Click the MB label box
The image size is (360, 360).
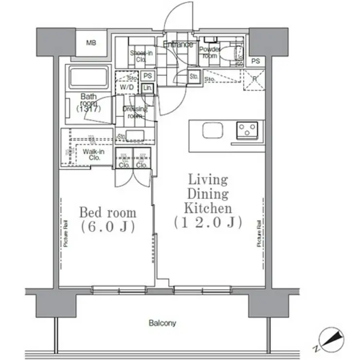click(91, 43)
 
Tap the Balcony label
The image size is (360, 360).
click(162, 323)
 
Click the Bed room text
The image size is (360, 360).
click(108, 213)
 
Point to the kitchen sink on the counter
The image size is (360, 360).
click(213, 131)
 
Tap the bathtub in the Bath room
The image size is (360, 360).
click(88, 77)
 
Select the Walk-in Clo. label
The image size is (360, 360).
click(91, 155)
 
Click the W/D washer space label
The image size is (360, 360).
click(126, 88)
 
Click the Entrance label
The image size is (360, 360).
click(178, 45)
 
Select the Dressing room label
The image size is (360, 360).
click(134, 112)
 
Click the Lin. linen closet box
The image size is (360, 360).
click(147, 88)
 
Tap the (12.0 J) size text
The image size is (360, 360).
click(206, 223)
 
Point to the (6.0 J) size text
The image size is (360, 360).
click(108, 227)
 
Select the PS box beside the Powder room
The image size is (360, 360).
click(256, 61)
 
